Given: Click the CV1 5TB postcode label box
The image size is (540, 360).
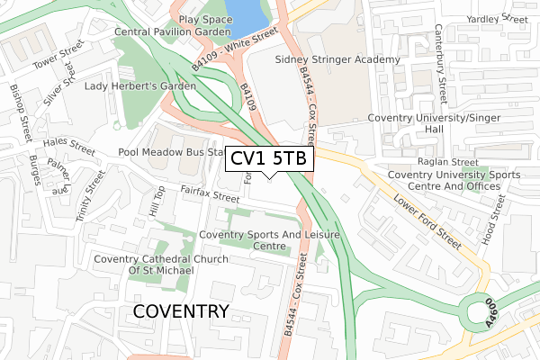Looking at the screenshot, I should tap(269, 159).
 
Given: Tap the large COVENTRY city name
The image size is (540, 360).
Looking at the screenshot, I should tap(181, 311).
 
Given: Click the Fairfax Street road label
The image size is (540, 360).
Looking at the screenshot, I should tap(209, 193).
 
